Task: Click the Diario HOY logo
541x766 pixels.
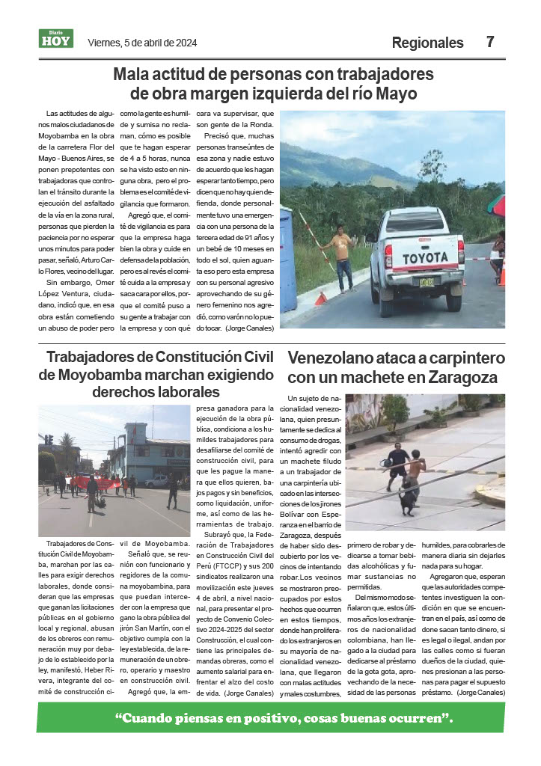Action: pos(56,39)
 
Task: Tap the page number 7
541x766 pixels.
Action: pos(490,42)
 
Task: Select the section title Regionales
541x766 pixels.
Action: pos(428,43)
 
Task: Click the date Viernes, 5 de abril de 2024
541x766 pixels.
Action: pos(142,43)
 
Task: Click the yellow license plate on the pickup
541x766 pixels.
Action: pos(427,282)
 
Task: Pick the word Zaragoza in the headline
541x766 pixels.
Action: pos(459,377)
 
